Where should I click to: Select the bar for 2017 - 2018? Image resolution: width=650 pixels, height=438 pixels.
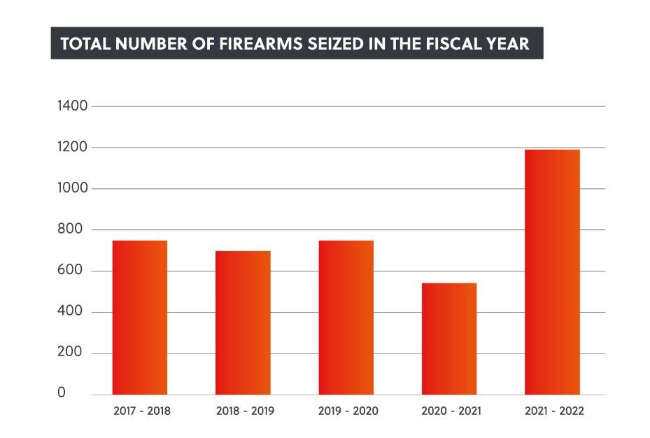[x=140, y=318]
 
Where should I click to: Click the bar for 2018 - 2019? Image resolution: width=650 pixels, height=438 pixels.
[x=243, y=323]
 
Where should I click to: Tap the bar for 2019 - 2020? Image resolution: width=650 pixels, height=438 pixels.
[x=346, y=318]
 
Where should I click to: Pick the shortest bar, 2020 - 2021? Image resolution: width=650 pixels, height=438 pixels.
[x=449, y=339]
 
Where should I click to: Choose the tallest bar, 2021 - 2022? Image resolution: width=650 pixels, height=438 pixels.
[x=552, y=272]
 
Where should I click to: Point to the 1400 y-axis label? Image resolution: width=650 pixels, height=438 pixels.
[x=72, y=106]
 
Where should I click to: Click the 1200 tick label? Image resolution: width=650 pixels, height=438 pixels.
[x=72, y=148]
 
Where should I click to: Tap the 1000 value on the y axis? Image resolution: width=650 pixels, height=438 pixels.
[x=72, y=189]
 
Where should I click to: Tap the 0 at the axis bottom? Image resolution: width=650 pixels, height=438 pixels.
[x=62, y=393]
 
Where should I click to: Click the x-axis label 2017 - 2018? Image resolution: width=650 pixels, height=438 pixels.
[x=141, y=411]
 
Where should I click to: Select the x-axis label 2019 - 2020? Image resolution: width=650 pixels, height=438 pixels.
[x=348, y=411]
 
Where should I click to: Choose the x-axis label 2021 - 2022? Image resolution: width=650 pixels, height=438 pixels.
[x=554, y=411]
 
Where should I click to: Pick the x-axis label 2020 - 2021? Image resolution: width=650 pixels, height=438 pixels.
[x=451, y=411]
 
